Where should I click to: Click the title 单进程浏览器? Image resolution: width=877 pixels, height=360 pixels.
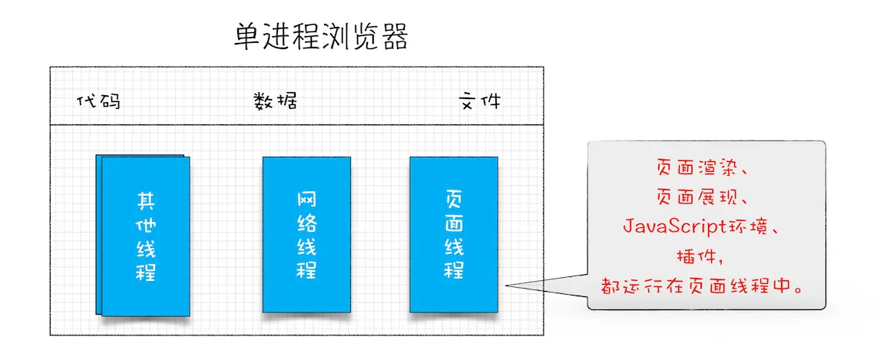[x=321, y=36]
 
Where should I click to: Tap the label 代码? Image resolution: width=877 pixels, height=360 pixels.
[x=99, y=101]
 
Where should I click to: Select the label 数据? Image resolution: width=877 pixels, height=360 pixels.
[x=275, y=101]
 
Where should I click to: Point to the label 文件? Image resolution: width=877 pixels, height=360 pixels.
[x=480, y=101]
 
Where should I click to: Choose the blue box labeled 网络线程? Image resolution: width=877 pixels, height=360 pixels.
[x=306, y=234]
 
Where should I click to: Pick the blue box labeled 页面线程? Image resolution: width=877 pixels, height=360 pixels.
[x=453, y=234]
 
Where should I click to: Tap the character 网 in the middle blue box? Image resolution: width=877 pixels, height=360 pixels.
[x=306, y=201]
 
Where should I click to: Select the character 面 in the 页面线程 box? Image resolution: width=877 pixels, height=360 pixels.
[x=453, y=224]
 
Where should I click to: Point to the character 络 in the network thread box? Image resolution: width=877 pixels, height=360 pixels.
[x=306, y=224]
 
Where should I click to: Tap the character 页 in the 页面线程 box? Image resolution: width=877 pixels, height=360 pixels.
[x=453, y=200]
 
